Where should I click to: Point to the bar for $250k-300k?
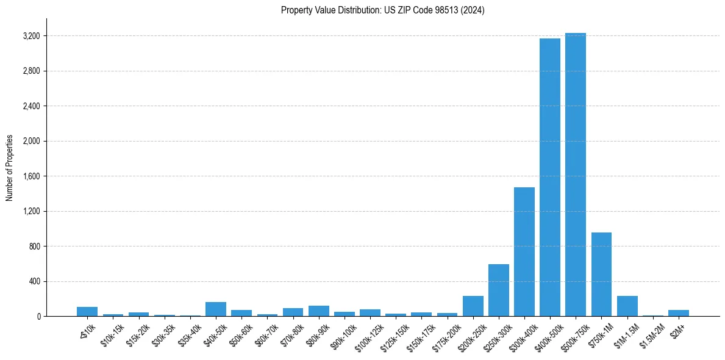pos(499,290)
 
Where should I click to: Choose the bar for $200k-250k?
pos(473,306)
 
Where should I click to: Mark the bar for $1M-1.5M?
pos(627,306)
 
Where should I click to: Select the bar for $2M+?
pos(679,313)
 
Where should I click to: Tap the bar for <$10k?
pos(87,311)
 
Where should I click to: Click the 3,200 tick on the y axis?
pos(31,36)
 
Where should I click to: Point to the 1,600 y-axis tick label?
pos(31,176)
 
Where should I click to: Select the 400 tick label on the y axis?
pos(34,281)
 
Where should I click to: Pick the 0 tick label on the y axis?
pos(38,317)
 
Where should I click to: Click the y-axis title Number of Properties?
pos(10,167)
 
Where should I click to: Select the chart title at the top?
pos(383,10)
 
